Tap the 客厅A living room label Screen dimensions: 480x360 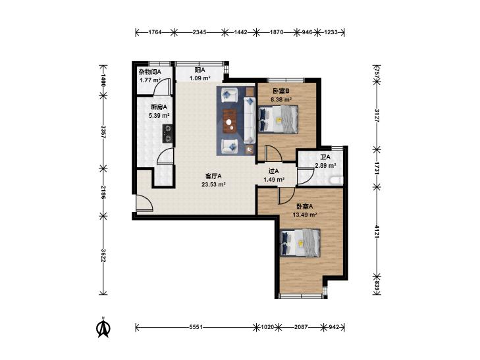click(213, 176)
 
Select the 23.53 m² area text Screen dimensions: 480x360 click(214, 184)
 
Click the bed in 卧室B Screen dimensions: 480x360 click(278, 119)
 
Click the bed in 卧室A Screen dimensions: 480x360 click(300, 243)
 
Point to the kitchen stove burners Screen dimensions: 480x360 click(167, 134)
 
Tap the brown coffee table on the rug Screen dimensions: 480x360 click(230, 122)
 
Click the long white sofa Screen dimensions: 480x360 click(250, 120)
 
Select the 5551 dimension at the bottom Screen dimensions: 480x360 click(196, 327)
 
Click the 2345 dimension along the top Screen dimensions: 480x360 click(200, 32)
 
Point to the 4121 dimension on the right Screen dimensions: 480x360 click(377, 231)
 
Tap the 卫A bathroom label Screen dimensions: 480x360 click(325, 157)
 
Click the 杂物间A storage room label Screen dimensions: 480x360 click(149, 72)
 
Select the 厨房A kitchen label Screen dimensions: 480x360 click(159, 107)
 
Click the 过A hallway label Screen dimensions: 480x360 click(274, 171)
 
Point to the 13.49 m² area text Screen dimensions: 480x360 click(305, 215)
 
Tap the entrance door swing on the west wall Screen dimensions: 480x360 click(144, 203)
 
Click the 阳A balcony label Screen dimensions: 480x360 click(200, 70)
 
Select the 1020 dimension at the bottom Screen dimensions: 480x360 click(267, 327)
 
